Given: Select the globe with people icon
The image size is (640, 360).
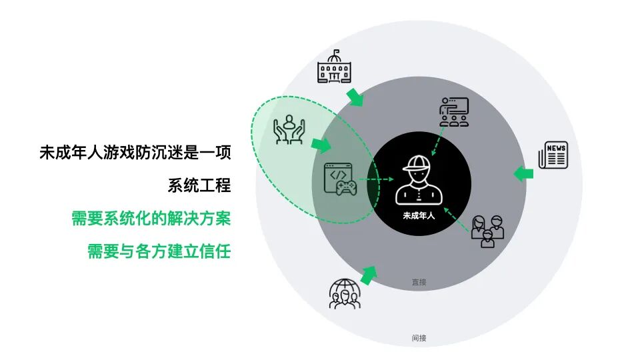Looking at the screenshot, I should click(344, 294).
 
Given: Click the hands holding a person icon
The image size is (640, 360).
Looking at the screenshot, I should click(289, 129).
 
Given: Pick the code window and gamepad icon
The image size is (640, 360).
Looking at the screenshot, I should click(339, 179).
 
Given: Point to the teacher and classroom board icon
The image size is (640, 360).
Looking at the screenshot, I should click(454, 112).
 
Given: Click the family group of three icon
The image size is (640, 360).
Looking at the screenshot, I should click(487, 231).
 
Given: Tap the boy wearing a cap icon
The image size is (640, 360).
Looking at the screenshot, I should click(418, 180).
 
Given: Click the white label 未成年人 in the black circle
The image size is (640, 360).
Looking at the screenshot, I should click(419, 215).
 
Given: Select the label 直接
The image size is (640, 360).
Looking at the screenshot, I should click(419, 282).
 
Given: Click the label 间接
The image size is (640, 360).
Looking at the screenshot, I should click(419, 338).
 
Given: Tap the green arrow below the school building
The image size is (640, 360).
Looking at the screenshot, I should click(356, 97).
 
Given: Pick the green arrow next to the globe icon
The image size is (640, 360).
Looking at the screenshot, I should click(368, 274).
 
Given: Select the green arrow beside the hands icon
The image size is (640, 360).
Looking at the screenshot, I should click(321, 144).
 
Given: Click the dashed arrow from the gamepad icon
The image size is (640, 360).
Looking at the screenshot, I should click(370, 179).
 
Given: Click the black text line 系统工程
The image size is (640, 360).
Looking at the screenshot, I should click(199, 185).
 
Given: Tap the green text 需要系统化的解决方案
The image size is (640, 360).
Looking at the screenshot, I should click(151, 219).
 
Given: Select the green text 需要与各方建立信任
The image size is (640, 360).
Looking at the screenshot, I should click(159, 251).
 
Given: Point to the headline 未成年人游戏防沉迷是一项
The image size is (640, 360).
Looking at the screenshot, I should click(135, 153).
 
